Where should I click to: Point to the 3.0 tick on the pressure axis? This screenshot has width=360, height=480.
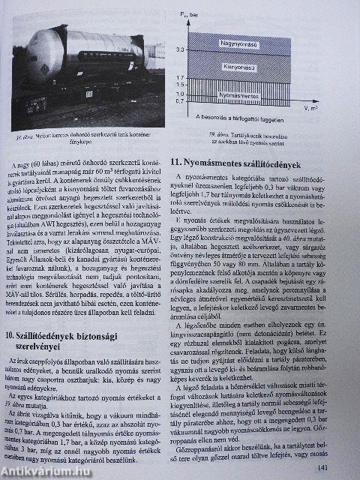point(199,49)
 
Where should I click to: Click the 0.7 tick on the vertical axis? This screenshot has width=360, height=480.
point(199,101)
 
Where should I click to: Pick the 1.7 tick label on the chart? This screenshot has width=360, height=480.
point(199,77)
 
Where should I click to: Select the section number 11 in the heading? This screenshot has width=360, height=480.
point(176,161)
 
